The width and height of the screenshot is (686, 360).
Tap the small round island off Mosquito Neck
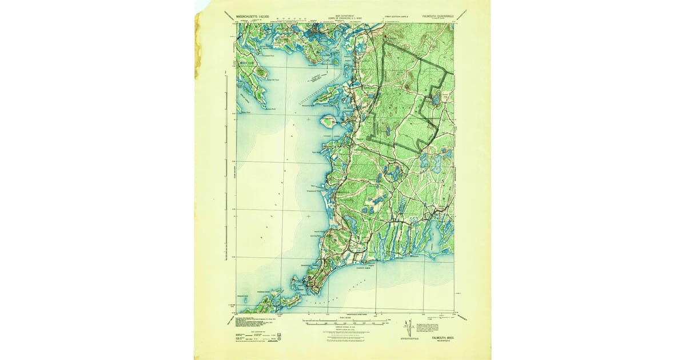pyautogui.click(x=328, y=121)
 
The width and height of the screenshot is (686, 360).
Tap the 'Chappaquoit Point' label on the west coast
pyautogui.click(x=318, y=193)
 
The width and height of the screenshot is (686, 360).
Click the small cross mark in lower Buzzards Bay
pyautogui.click(x=309, y=216)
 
